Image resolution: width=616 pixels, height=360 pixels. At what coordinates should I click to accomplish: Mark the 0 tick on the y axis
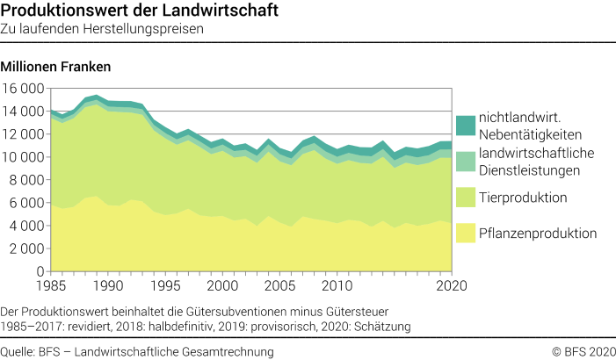click(40, 271)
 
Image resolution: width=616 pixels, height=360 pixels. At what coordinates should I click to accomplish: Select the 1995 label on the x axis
click(163, 286)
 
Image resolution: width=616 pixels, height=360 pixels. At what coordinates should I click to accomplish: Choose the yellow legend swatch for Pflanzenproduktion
click(466, 233)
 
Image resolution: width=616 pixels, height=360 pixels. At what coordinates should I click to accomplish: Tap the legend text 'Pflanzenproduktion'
click(539, 233)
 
